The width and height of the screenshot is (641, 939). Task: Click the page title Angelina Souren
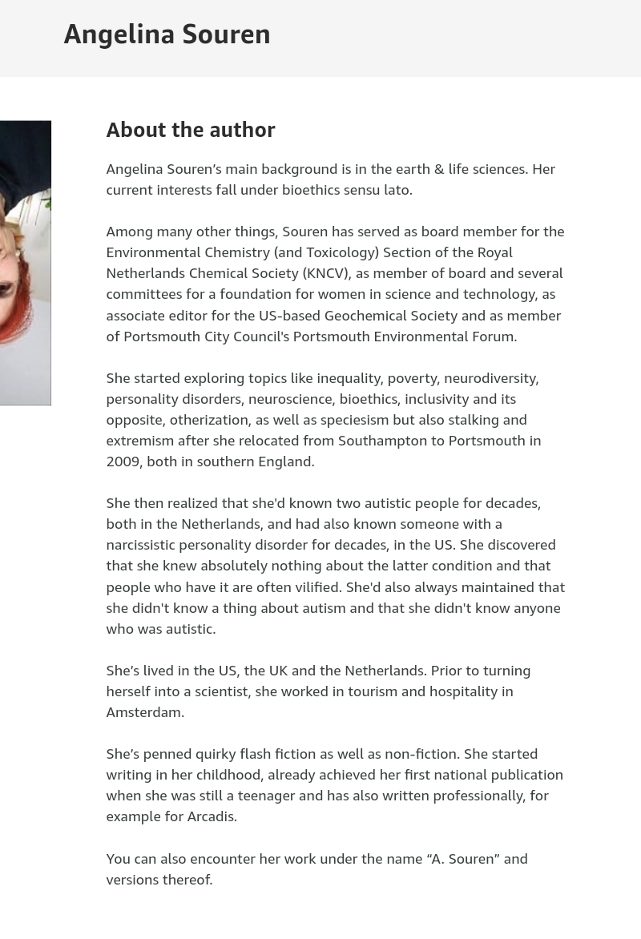(167, 34)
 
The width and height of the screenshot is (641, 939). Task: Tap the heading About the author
(191, 130)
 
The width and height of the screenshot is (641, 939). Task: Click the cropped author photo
(25, 263)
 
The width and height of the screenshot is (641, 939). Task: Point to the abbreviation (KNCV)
(326, 273)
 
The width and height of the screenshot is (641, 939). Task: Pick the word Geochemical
(366, 315)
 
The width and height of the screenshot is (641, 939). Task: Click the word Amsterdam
(144, 712)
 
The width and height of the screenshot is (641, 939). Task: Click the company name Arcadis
(211, 816)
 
